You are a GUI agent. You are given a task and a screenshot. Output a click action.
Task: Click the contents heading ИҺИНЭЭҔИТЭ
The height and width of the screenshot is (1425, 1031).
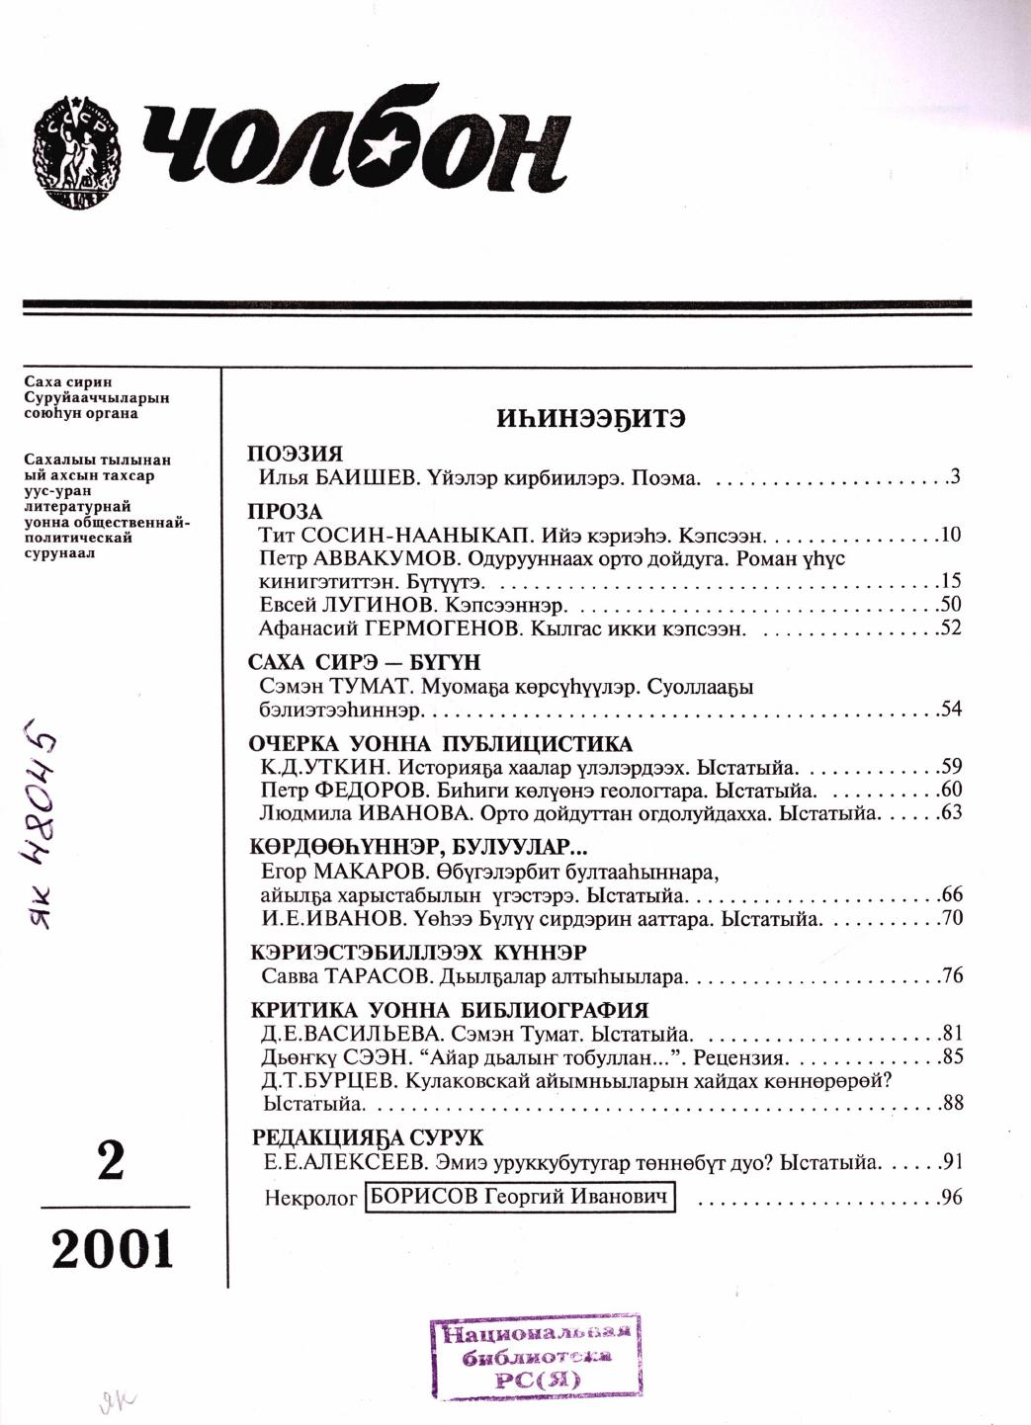tap(591, 418)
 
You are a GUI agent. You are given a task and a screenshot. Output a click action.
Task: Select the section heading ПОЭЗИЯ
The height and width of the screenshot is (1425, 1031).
tap(295, 455)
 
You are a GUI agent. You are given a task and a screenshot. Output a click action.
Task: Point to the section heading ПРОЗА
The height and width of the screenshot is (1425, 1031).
tap(286, 512)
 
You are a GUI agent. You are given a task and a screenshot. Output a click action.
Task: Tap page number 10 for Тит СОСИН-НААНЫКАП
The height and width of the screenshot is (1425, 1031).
tap(951, 536)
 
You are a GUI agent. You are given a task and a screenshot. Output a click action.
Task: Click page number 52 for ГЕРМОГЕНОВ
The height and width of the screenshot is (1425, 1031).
tap(951, 628)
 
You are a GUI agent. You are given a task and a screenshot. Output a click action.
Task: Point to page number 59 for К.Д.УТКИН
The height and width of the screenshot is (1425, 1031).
tap(951, 767)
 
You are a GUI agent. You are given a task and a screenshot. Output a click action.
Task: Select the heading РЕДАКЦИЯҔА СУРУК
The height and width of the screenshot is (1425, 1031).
tap(367, 1137)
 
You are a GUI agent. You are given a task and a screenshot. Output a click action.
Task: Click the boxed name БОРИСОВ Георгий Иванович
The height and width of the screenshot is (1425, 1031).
tap(520, 1197)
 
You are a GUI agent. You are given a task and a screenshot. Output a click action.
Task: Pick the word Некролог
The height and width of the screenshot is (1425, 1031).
tap(310, 1198)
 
